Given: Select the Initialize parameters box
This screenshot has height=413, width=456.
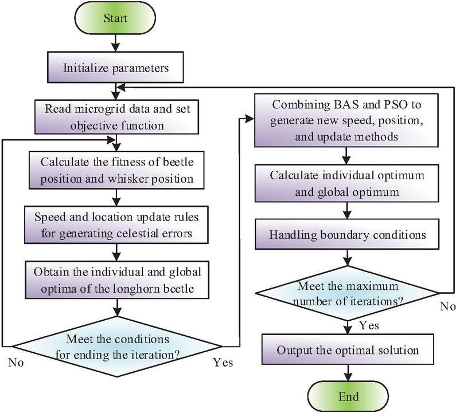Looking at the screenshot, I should (116, 68).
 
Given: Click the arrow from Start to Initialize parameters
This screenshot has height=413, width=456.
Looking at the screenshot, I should (116, 44).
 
